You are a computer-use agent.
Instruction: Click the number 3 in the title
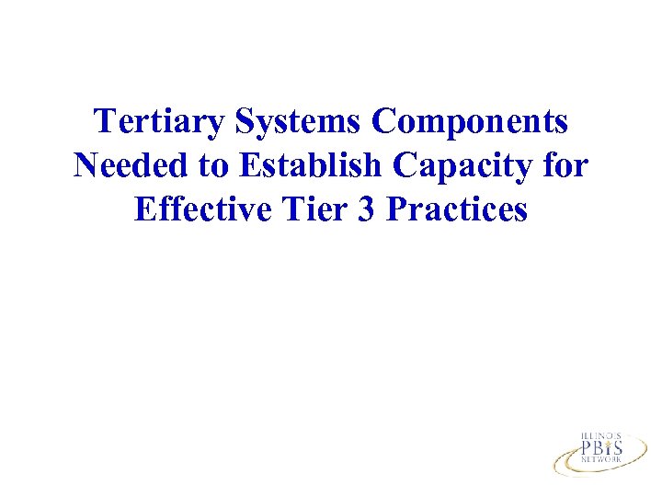tap(362, 209)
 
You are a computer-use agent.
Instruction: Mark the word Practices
tap(457, 209)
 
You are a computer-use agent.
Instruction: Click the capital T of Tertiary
tap(106, 121)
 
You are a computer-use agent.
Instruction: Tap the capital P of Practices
tap(396, 209)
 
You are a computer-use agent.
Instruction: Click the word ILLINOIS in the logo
tap(601, 436)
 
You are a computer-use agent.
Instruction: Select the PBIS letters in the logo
tap(601, 449)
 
